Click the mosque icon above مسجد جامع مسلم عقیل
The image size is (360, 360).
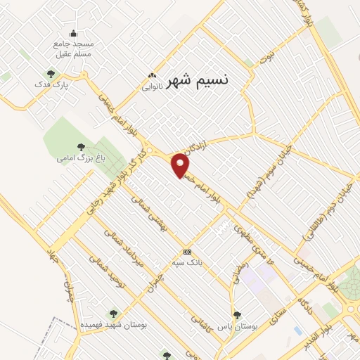pos(73,33)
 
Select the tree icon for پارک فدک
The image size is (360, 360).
pos(50,73)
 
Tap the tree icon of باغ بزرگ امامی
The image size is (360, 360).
pos(81,147)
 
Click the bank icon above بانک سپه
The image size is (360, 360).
pos(187,252)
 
